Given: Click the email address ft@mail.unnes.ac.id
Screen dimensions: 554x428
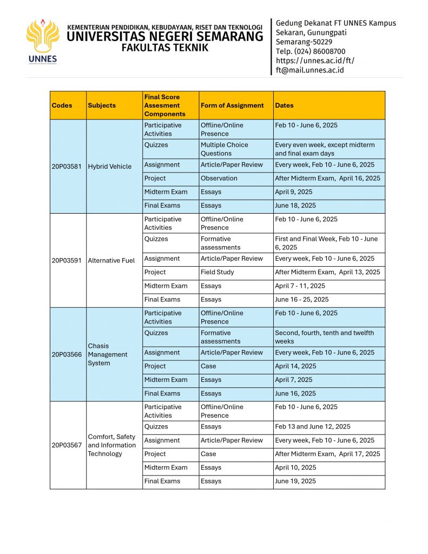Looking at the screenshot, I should (310, 70).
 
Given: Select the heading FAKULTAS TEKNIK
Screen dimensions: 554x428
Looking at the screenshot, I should (164, 48).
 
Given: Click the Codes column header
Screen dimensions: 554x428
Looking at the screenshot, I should (62, 105).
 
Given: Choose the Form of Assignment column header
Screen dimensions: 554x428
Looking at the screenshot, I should (232, 105).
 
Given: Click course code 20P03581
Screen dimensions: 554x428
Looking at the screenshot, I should (67, 167).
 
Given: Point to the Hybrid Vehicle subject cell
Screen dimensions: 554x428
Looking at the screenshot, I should (109, 167).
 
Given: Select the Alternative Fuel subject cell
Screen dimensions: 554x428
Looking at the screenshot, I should (111, 260).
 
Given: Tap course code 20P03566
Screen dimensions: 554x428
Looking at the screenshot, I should (67, 354).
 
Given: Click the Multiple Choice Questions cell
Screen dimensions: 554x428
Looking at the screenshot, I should (224, 149).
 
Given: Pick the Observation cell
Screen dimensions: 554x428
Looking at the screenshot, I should (219, 178).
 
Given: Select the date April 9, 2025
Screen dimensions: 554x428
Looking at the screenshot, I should (293, 192).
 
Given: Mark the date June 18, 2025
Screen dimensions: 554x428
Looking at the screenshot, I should (295, 206).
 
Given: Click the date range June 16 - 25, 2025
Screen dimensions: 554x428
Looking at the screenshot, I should (301, 299).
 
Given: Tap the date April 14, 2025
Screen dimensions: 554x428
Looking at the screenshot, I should (295, 366).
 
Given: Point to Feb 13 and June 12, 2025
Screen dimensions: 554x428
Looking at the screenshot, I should (312, 426).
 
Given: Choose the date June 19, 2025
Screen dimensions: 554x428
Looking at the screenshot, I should (295, 481).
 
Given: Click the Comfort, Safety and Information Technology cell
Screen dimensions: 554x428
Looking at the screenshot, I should (111, 445).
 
